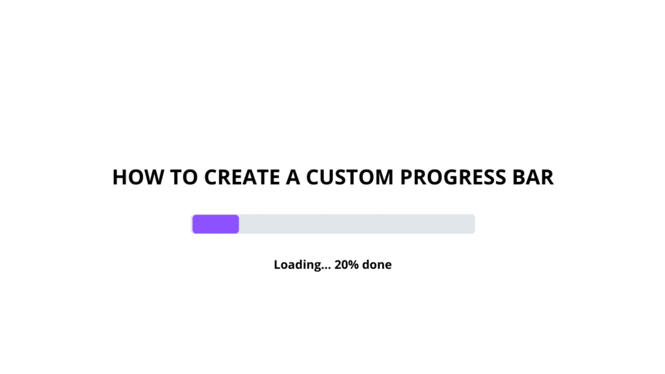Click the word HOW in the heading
138,177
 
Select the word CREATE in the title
242,177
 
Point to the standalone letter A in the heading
293,177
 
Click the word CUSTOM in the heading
350,177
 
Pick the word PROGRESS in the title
453,177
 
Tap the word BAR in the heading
533,177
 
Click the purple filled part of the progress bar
216,224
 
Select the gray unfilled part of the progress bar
357,224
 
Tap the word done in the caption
377,264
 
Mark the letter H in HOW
120,177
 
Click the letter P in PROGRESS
406,177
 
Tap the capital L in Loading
277,265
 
